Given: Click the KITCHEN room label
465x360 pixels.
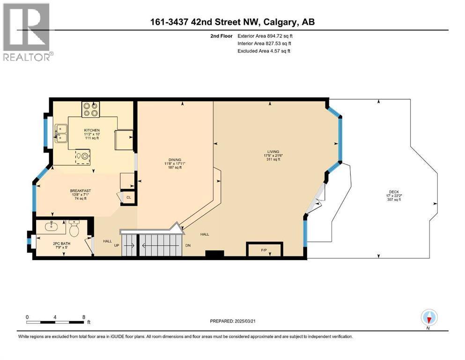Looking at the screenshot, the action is [92, 130].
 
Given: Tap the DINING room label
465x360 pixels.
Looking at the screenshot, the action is [175, 160].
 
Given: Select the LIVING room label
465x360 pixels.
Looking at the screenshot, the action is [273, 152].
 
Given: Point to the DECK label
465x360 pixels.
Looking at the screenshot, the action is [394, 192].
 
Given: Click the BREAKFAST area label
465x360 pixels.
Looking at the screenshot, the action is [81, 191].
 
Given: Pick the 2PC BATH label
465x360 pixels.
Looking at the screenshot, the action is [62, 244].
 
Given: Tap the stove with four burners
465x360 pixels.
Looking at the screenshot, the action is [91, 109].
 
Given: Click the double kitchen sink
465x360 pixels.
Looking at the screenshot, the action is [61, 133].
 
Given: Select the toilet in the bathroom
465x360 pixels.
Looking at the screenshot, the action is [74, 228].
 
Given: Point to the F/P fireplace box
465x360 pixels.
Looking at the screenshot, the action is [265, 249].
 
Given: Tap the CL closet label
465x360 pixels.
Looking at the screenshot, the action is [129, 197].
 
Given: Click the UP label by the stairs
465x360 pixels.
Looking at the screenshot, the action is [117, 246].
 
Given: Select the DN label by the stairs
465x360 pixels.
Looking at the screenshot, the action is [188, 246].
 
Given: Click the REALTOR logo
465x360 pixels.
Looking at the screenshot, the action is [28, 32].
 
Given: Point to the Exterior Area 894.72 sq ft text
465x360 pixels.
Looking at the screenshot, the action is [265, 36].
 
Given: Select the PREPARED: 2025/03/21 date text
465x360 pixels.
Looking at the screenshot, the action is [233, 321].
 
